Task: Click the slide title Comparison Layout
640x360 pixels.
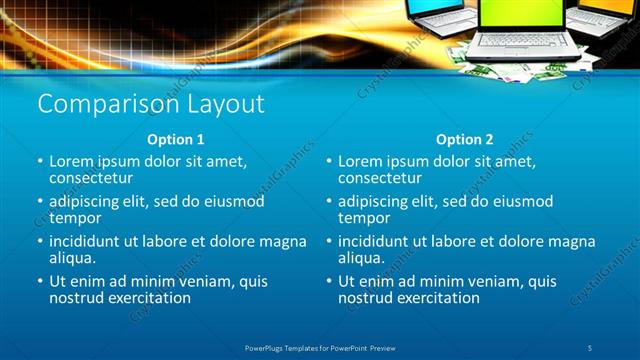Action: tap(150, 104)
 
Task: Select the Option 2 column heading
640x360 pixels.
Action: tap(464, 139)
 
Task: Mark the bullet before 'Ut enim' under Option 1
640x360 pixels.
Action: tap(39, 282)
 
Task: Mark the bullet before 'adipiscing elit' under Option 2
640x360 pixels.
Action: tap(328, 202)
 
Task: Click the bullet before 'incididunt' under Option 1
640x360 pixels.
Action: tap(39, 242)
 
